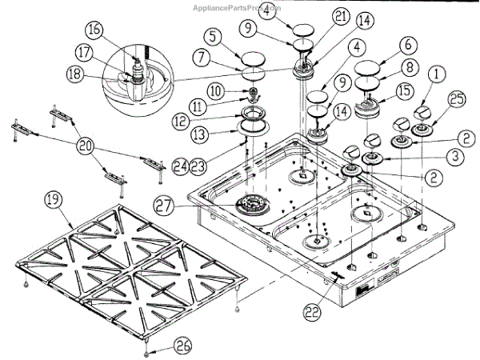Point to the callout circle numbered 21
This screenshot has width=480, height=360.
318,17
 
